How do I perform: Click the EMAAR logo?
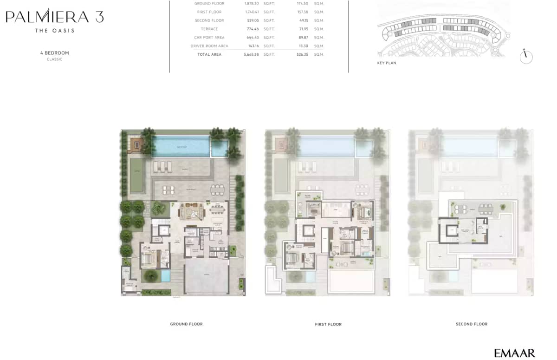coord(514,353)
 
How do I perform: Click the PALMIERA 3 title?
coord(54,17)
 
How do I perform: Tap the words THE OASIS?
coord(54,31)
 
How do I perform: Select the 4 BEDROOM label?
coord(54,53)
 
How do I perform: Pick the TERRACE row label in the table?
coord(209,29)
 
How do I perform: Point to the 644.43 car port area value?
coord(253,37)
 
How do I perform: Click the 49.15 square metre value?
coord(303,20)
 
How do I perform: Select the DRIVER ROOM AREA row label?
coord(209,46)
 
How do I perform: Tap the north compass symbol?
coord(526,57)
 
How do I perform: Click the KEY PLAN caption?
coord(387,63)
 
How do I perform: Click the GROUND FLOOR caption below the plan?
coord(186,324)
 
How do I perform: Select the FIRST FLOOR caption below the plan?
coord(328,324)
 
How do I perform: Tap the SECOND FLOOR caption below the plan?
coord(471,324)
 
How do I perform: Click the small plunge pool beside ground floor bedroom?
coord(166,276)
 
